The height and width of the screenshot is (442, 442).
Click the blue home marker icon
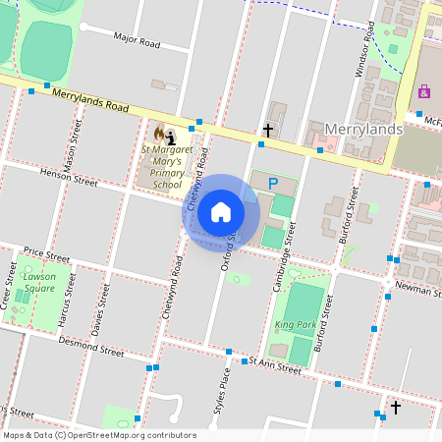(x=221, y=211)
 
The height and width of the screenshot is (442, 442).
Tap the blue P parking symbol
(x=274, y=183)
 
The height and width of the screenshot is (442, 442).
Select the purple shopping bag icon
(x=424, y=91)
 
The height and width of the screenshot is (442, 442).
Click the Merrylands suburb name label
(x=363, y=130)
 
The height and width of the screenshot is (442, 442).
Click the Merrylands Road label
(x=91, y=99)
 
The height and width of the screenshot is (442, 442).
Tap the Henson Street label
(x=69, y=176)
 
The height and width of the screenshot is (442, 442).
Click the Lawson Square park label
(x=39, y=283)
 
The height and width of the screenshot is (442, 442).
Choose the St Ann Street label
(x=274, y=366)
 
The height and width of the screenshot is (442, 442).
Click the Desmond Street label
(x=90, y=348)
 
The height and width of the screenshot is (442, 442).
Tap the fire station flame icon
(x=158, y=132)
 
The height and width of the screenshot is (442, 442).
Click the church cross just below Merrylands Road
(x=267, y=130)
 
